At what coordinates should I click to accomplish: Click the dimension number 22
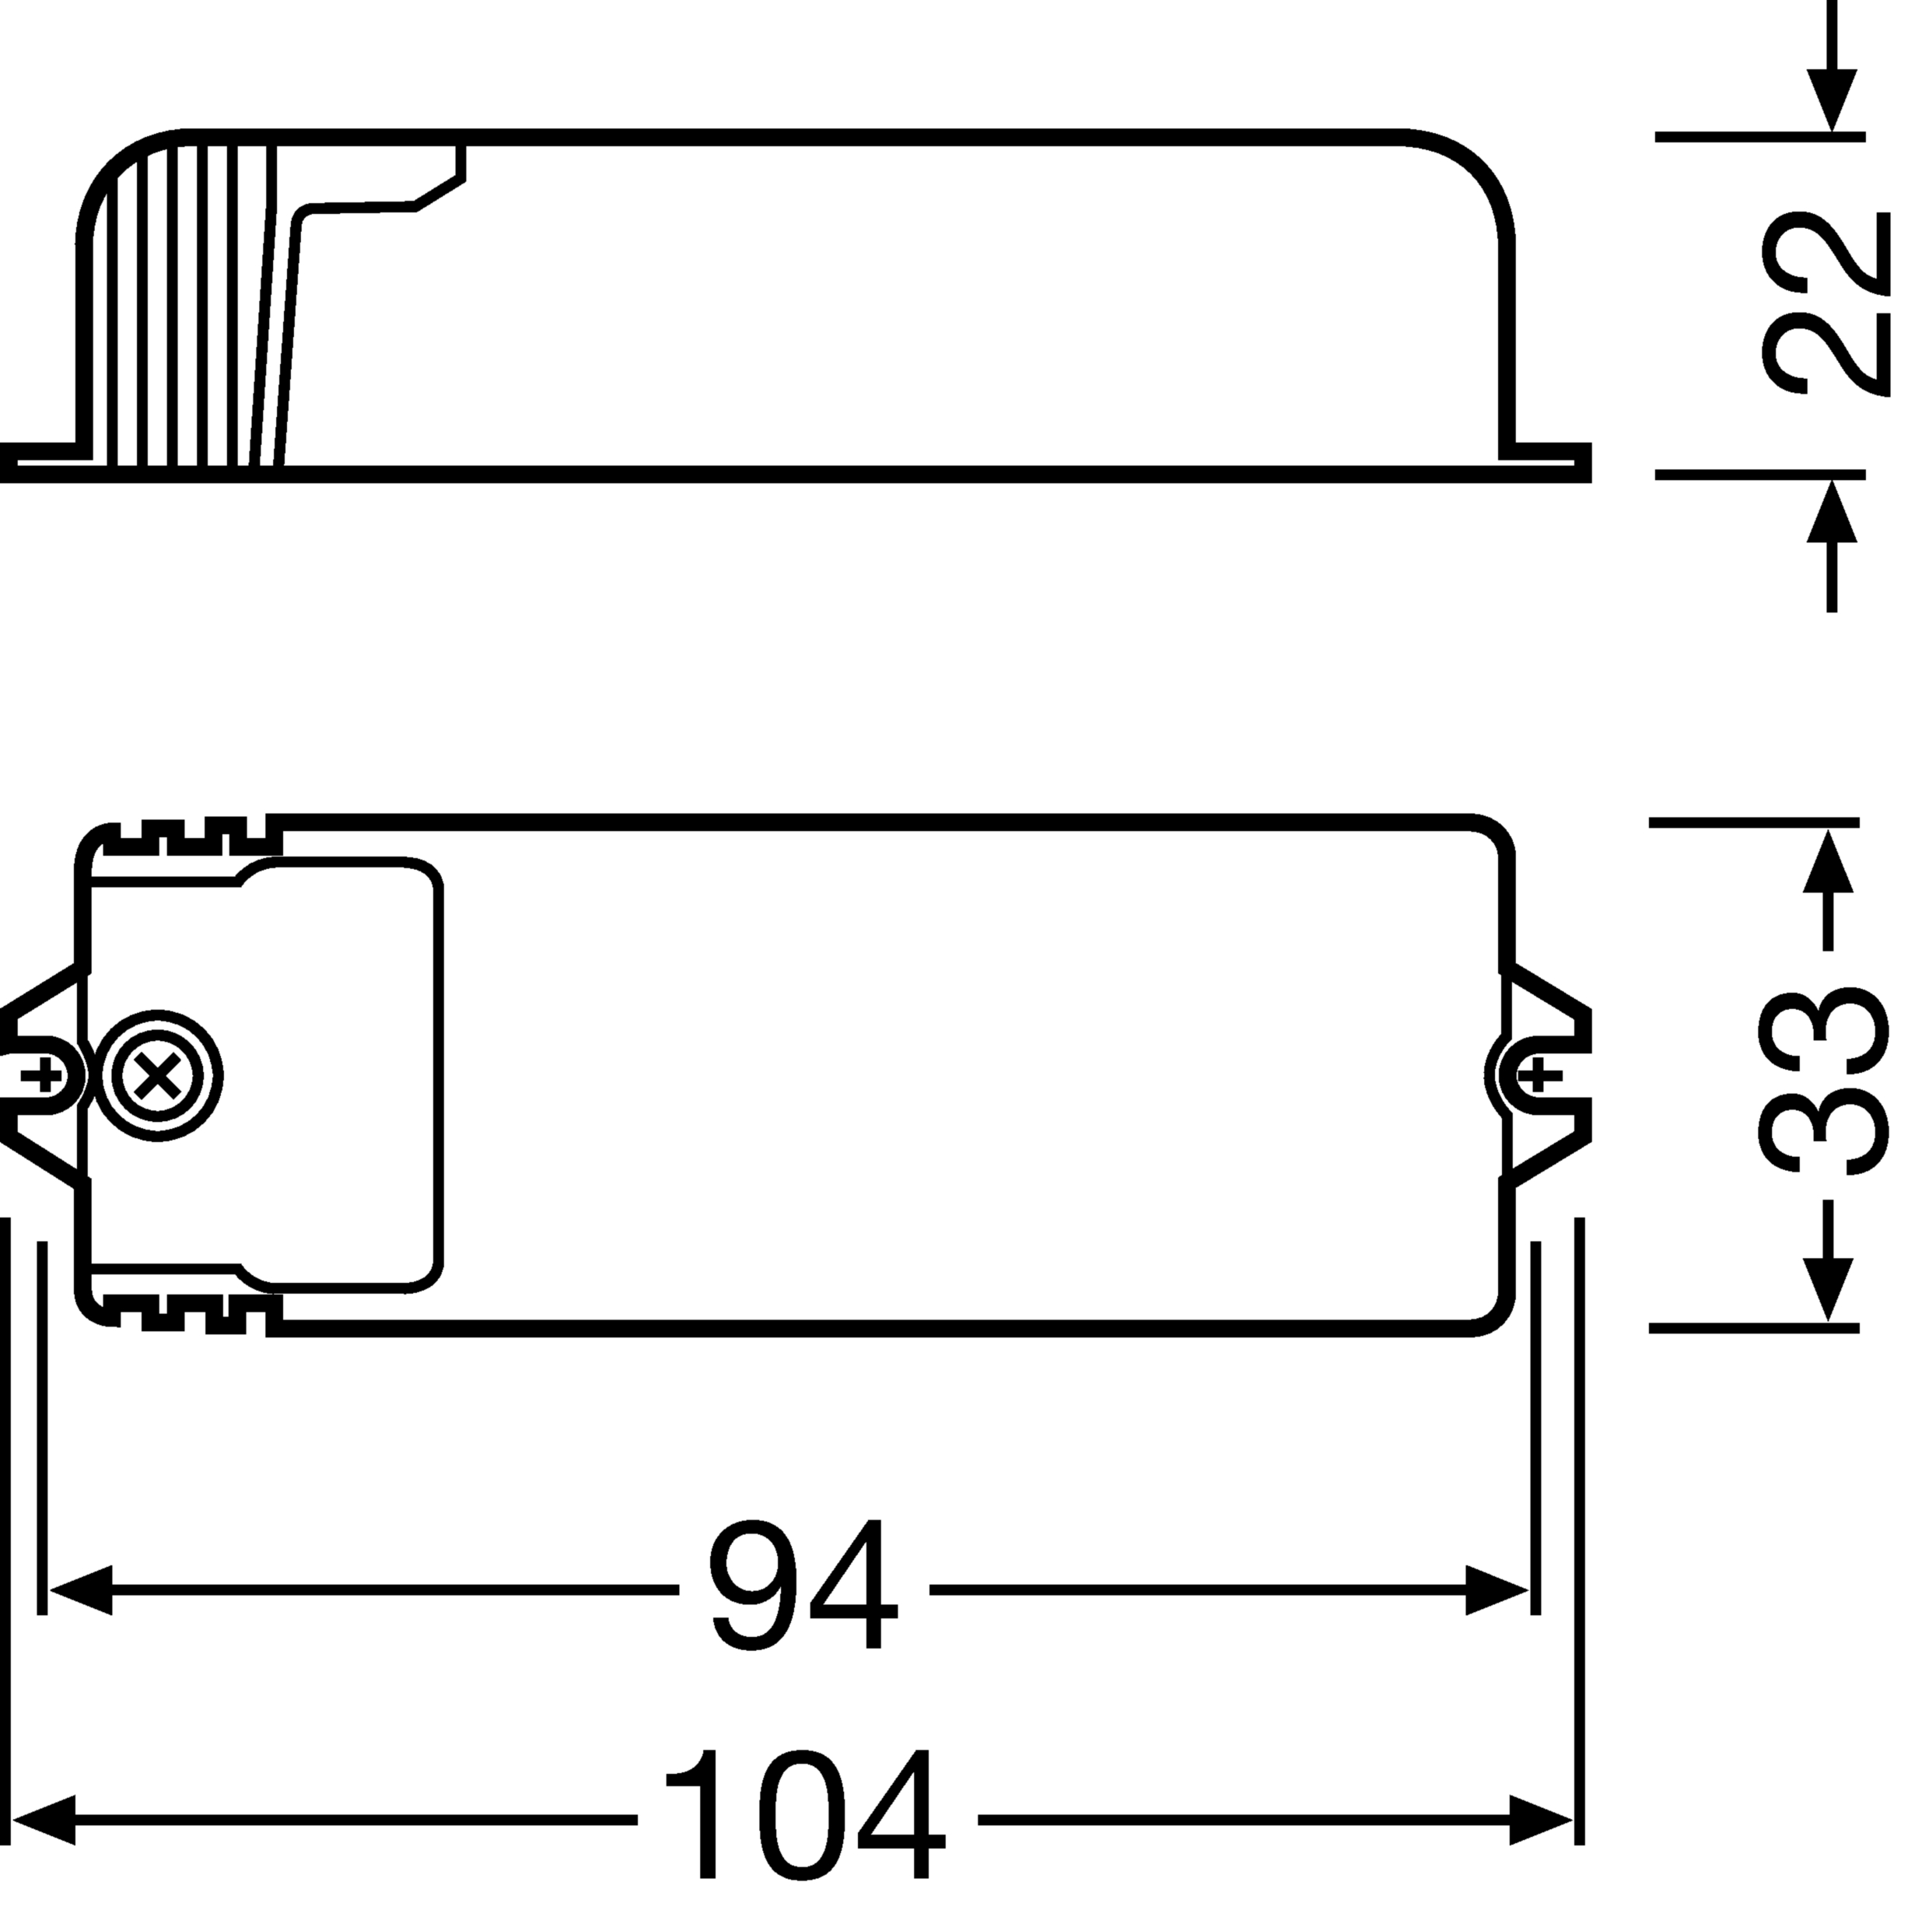click(1826, 303)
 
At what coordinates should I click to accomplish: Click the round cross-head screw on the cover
click(159, 1076)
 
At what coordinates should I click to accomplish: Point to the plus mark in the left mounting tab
click(42, 1076)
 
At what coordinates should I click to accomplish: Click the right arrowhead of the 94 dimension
click(1497, 1590)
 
